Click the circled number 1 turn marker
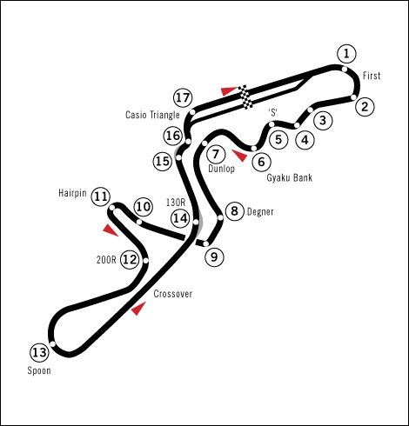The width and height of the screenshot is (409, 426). coord(346,54)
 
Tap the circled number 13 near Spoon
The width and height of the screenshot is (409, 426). coord(39,353)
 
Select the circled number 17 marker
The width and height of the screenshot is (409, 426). coord(183,98)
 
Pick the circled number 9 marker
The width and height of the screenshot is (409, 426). coord(214,256)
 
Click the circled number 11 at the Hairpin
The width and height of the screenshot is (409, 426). coord(101,196)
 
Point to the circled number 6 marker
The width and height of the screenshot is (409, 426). coord(261,162)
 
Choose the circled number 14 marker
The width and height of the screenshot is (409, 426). coord(180,218)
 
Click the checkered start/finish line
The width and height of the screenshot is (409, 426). coord(245,97)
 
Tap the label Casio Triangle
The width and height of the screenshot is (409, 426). coord(152,115)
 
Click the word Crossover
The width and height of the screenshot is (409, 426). coord(173,294)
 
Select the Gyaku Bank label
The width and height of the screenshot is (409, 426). coord(290,177)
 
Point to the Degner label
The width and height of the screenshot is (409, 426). coord(260,212)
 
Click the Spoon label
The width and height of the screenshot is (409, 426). coord(39,370)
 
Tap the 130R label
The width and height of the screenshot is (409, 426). coord(176,203)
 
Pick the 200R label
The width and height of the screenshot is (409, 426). coord(106,260)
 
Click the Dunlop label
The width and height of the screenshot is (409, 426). coord(221,169)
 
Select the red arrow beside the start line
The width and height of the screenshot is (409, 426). coord(230,90)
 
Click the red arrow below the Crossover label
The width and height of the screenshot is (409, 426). coord(138,309)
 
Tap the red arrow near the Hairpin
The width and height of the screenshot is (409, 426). coord(111,230)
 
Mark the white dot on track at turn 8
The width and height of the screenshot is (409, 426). coord(220,217)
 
